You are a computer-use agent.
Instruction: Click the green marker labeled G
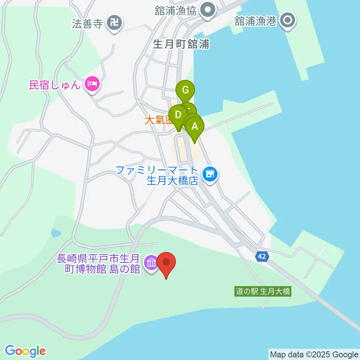click(x=185, y=90)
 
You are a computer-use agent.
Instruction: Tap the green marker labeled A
click(x=195, y=126)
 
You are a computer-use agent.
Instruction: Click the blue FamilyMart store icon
click(x=210, y=174)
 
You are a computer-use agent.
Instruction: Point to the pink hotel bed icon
click(x=92, y=84)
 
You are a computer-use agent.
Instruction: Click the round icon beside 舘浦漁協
click(x=207, y=10)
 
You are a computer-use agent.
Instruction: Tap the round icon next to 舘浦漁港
click(x=288, y=21)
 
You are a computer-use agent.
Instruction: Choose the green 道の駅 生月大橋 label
click(x=263, y=291)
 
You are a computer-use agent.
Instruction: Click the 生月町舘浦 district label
click(x=181, y=45)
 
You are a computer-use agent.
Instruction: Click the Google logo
click(x=25, y=351)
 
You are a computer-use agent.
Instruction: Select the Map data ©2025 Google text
click(x=314, y=354)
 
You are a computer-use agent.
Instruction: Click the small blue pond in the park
click(x=56, y=233)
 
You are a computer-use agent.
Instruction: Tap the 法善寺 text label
click(x=87, y=24)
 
